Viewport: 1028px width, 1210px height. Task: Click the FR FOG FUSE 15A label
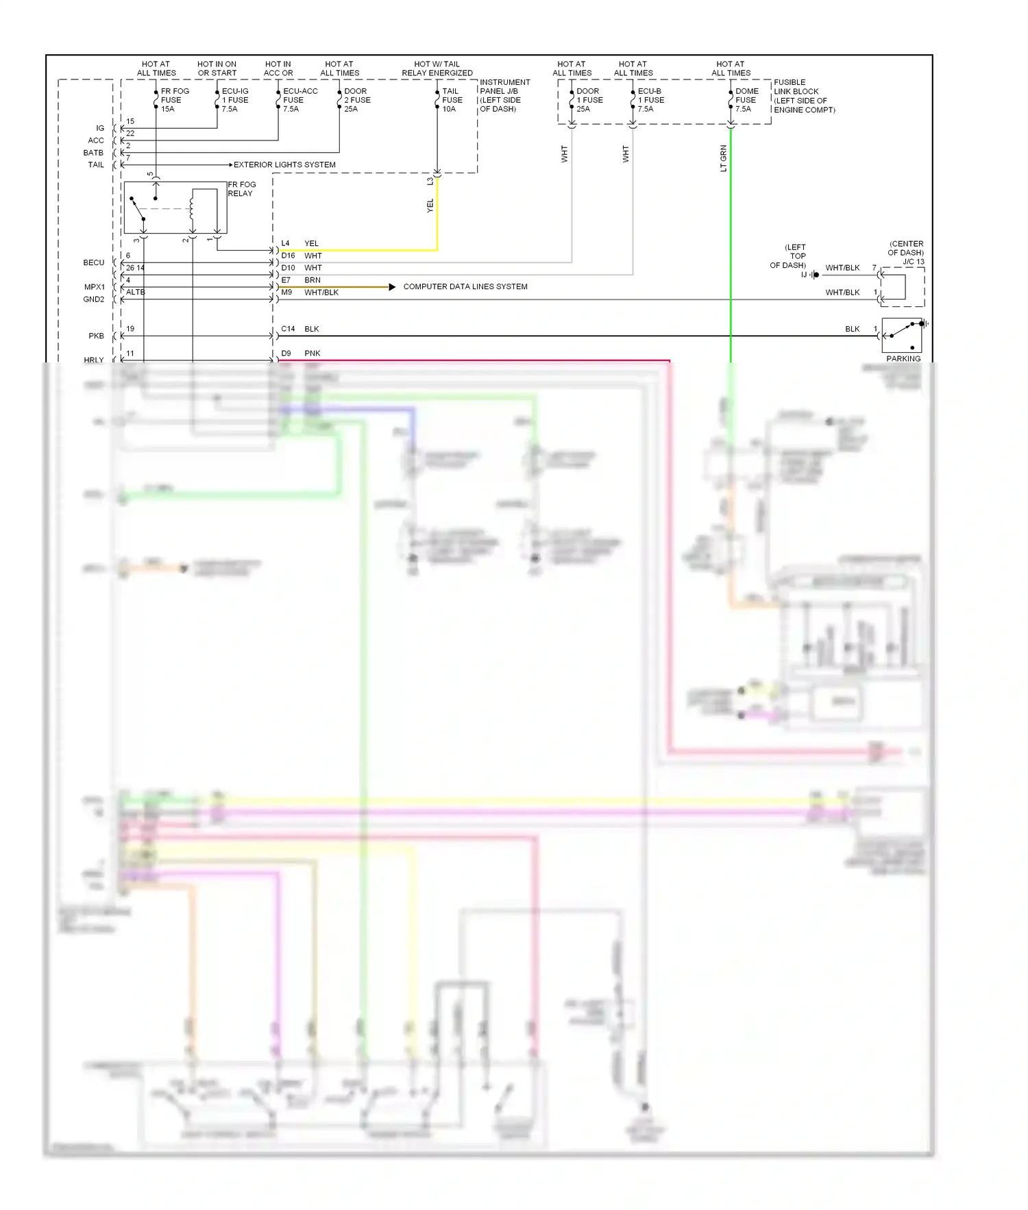pos(174,100)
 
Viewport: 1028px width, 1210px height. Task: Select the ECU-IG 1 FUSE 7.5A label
pos(234,100)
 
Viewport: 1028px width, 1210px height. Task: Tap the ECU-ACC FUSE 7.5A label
pos(299,100)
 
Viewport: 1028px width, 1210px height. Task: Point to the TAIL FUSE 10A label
pos(452,100)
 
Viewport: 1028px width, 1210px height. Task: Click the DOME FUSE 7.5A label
pos(746,100)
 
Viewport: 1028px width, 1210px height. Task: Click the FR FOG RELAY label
pos(241,189)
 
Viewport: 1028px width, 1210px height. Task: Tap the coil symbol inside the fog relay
pos(193,206)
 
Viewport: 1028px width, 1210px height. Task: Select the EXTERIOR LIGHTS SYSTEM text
pos(284,165)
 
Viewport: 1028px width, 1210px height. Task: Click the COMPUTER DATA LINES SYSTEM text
pos(465,287)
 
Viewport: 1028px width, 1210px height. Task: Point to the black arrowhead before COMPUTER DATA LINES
pos(392,287)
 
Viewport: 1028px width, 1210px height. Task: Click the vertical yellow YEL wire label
pos(430,206)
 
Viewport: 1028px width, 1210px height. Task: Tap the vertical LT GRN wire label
pos(723,158)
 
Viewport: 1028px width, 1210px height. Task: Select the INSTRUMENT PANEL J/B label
pos(504,95)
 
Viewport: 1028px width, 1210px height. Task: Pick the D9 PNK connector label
pos(300,354)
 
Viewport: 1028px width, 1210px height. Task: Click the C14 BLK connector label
pos(299,329)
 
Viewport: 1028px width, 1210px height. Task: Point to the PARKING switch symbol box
pos(902,335)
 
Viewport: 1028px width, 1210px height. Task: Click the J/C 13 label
pos(913,262)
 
